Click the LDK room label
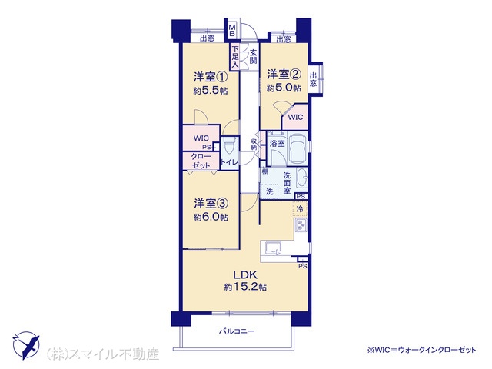coord(245,275)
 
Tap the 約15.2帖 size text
coord(245,287)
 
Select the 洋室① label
coord(210,77)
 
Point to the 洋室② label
coord(284,75)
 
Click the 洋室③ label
coord(210,203)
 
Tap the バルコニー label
coord(237,331)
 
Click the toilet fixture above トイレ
coord(230,145)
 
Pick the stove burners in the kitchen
coord(301,225)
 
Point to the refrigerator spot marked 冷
coord(300,209)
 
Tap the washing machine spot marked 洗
coord(269,191)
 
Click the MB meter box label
coord(232,30)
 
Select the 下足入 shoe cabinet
coord(235,57)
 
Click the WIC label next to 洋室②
coord(295,118)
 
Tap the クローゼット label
coord(201,161)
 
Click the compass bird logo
coord(26,345)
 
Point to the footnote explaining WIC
coord(421,350)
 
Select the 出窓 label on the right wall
coord(313,79)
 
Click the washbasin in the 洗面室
coord(302,179)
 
